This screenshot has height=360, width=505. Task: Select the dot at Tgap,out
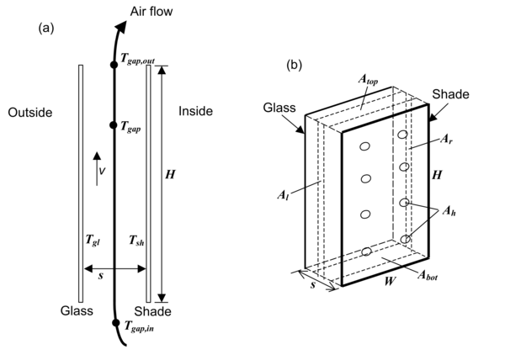tap(114, 65)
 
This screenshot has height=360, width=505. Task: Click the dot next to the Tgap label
tap(114, 124)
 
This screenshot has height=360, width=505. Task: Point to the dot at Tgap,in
tap(114, 323)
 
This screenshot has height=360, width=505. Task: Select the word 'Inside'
tap(196, 111)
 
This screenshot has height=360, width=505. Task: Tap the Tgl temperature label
tap(91, 240)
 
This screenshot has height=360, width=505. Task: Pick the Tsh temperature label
tap(134, 240)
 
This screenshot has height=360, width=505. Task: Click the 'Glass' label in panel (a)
tap(77, 310)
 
